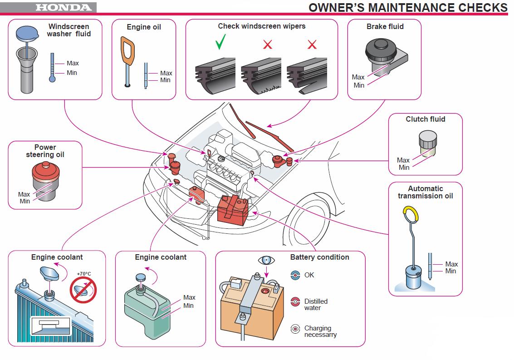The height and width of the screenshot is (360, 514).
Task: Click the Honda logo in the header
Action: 63,7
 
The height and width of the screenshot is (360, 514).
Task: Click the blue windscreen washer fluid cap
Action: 28,33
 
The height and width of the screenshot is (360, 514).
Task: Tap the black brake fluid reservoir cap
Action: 382,48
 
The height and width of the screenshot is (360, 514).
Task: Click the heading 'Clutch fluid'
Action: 425,119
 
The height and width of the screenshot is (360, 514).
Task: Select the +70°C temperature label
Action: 83,274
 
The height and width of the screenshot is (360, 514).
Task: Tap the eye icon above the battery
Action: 266,261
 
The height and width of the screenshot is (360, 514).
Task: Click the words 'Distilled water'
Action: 316,305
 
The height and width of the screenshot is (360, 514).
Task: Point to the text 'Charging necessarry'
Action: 320,331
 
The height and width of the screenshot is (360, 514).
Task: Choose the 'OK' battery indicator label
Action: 309,275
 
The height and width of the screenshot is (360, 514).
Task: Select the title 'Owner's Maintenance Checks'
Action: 408,7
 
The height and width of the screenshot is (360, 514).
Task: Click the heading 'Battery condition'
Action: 319,257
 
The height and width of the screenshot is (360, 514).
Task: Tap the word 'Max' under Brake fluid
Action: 358,77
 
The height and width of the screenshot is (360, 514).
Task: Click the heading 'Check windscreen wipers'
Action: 261,26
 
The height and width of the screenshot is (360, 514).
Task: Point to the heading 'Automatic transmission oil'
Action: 425,192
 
